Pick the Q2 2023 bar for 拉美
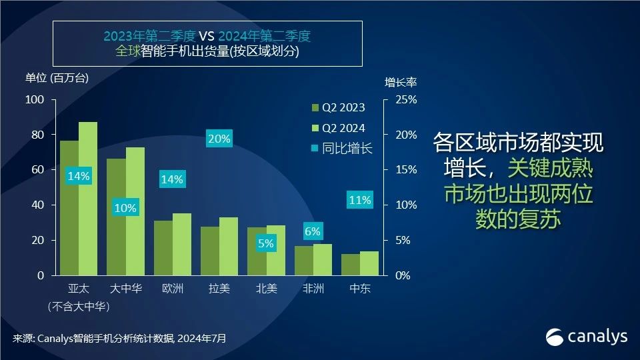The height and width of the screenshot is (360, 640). (x=210, y=251)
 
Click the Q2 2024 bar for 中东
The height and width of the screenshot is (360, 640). (x=369, y=263)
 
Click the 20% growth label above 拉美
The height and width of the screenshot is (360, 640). (x=219, y=139)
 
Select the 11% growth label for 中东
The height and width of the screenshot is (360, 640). (x=359, y=199)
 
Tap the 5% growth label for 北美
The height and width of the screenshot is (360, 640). (x=266, y=243)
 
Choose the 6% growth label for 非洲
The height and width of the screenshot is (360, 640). (x=313, y=231)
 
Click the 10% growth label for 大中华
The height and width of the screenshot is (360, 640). (x=125, y=208)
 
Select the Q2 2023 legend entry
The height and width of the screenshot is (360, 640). (x=338, y=108)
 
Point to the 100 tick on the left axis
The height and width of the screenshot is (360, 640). (x=35, y=100)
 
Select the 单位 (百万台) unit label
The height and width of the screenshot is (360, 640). (x=57, y=77)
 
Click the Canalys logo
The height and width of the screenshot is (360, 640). (x=587, y=337)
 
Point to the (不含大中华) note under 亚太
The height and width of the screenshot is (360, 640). (x=79, y=307)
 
